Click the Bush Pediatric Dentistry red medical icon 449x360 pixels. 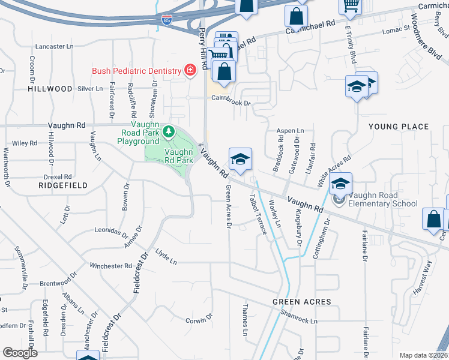(190, 71)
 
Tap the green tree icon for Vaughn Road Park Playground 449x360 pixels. (169, 130)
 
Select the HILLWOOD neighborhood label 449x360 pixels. (50, 88)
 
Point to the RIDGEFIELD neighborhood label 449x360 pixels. (63, 185)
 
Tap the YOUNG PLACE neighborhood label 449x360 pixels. (399, 127)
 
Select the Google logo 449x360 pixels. (19, 353)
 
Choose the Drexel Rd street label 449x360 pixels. (58, 177)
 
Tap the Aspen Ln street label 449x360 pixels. (290, 130)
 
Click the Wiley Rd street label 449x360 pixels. (25, 143)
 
